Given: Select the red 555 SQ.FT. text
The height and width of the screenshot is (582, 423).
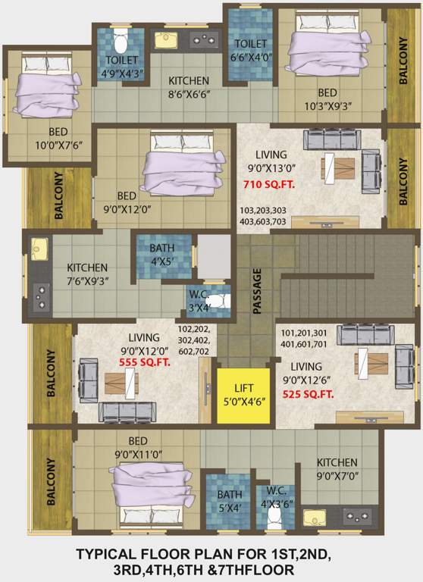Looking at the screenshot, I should coord(144,363).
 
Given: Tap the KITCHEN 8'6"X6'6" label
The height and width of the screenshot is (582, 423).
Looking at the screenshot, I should coord(189,88).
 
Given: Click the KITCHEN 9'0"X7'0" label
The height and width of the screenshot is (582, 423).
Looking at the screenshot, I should coord(337,468).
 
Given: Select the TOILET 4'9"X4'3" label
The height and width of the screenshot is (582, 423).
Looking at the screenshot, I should coord(122,67).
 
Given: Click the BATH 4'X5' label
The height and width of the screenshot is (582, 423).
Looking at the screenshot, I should coord(161,254).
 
